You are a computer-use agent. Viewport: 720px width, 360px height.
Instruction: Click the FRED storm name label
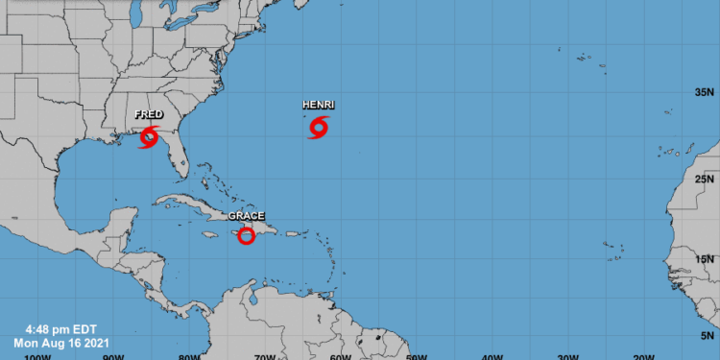coord(149,115)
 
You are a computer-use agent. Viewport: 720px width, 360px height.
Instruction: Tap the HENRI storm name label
coord(319,104)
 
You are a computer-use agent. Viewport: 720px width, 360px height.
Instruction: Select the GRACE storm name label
coord(246,216)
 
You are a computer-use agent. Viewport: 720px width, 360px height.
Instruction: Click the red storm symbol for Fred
coord(149,136)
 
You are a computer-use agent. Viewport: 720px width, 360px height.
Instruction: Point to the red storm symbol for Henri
coord(319,127)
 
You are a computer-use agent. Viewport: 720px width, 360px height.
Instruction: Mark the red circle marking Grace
coord(246,235)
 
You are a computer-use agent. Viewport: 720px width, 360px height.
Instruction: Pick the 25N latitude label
coord(706,179)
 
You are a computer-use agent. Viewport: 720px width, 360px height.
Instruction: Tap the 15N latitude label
coord(706,258)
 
